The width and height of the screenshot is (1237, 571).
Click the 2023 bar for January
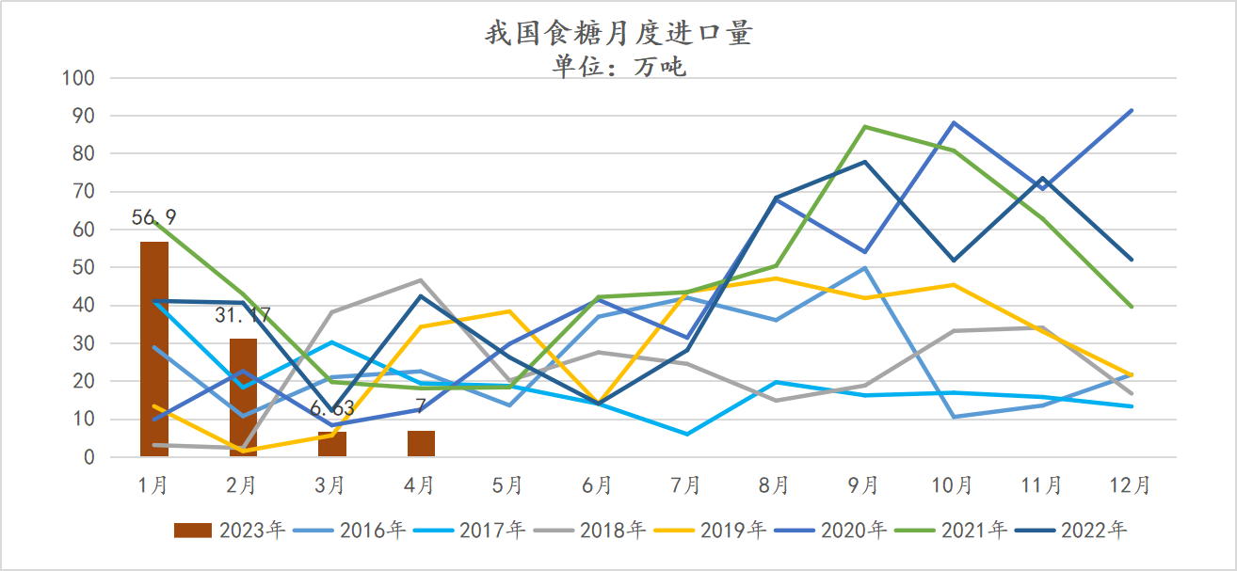tap(153, 349)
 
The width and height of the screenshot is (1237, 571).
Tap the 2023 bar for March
tap(331, 444)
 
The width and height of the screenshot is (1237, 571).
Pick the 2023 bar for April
tap(421, 443)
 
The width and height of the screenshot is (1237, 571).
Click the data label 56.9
tap(153, 218)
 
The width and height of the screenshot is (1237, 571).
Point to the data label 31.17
tap(243, 315)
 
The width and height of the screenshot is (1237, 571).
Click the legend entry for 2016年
tap(348, 531)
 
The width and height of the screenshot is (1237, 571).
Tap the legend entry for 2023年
tap(230, 531)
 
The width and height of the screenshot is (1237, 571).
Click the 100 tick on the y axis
tap(78, 78)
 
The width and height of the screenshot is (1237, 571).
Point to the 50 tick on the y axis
tap(83, 268)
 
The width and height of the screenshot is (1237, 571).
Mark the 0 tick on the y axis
tap(88, 458)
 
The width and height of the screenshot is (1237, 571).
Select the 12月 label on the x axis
tap(1131, 485)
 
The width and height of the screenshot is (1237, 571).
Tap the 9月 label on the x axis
tap(864, 485)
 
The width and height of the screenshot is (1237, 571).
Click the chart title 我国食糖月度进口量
tap(618, 35)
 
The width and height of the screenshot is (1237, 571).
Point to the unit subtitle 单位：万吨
tap(618, 67)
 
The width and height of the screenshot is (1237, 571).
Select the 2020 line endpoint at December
tap(1132, 110)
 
